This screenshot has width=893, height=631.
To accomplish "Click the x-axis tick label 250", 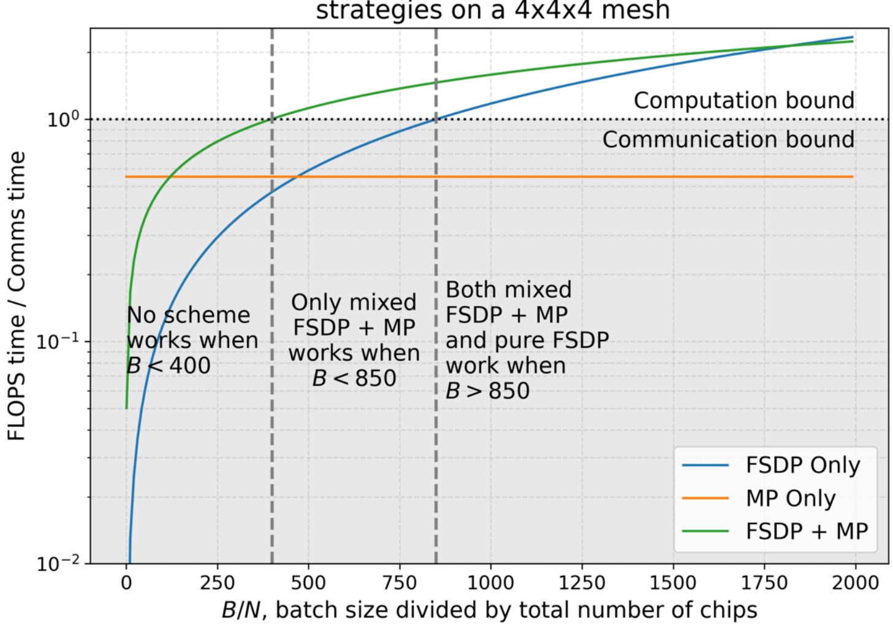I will click(217, 583).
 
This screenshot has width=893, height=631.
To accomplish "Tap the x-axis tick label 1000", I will click(490, 583).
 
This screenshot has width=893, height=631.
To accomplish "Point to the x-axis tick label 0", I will click(126, 583).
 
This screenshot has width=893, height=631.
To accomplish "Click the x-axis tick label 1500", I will click(673, 583).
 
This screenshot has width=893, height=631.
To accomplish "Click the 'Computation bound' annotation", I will click(743, 101).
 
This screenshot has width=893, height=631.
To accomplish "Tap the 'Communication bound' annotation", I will click(728, 140).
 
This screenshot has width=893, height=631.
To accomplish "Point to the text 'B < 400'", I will click(169, 366).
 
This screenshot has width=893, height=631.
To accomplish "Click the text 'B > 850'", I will click(487, 391).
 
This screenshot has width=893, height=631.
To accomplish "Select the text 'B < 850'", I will click(354, 378).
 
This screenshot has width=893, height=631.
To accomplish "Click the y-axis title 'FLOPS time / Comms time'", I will click(17, 296).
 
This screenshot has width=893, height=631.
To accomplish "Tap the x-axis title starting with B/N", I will click(489, 611).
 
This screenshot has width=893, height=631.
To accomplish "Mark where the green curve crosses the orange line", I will click(169, 177).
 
